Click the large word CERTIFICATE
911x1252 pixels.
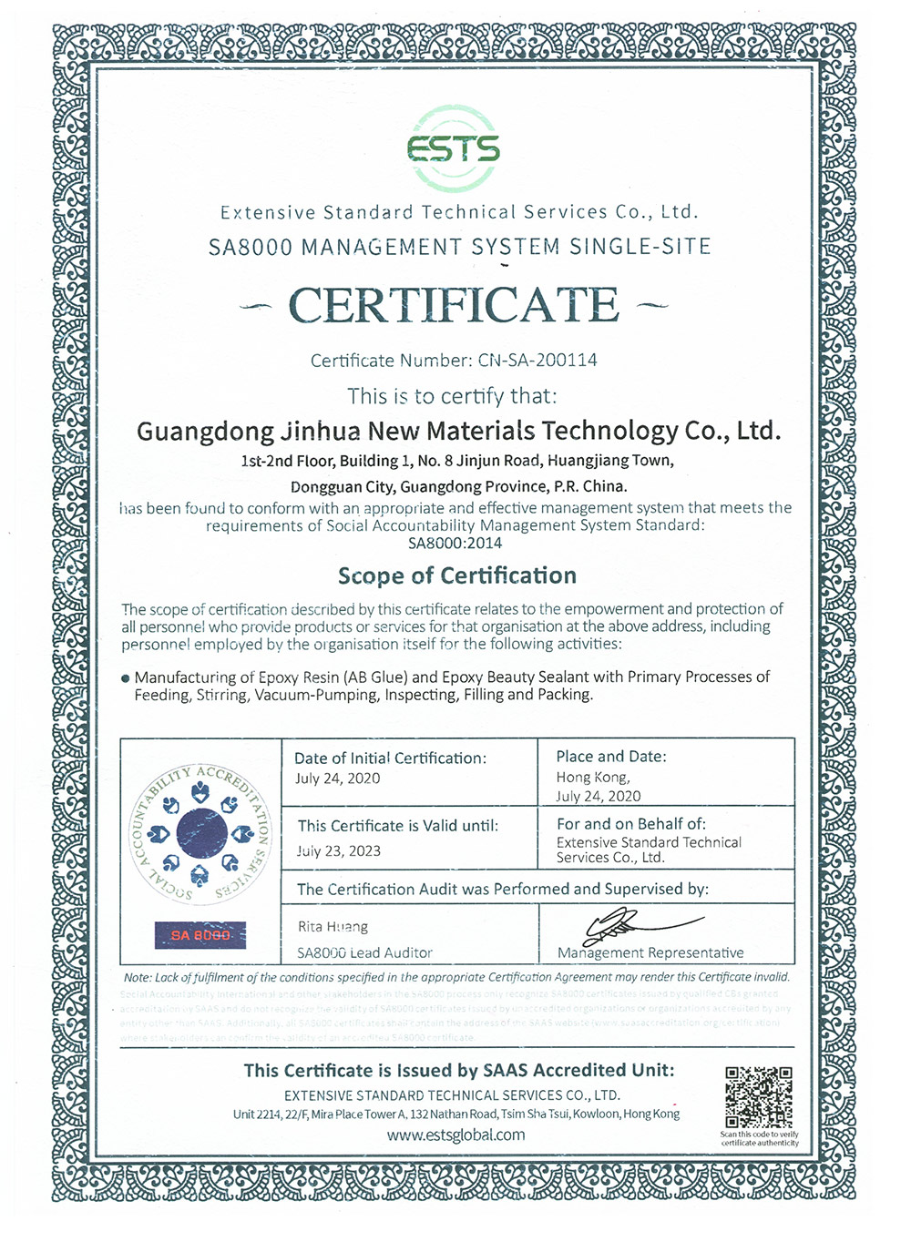pyautogui.click(x=454, y=305)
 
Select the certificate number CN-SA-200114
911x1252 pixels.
pyautogui.click(x=537, y=360)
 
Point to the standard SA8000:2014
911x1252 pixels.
pyautogui.click(x=455, y=544)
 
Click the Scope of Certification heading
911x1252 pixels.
pyautogui.click(x=456, y=575)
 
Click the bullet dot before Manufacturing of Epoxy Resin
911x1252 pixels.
pyautogui.click(x=126, y=678)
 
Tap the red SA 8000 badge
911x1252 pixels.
pyautogui.click(x=200, y=935)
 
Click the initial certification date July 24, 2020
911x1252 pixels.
pyautogui.click(x=337, y=779)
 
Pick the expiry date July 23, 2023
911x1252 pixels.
pyautogui.click(x=338, y=851)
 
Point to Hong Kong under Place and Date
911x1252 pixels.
pyautogui.click(x=592, y=778)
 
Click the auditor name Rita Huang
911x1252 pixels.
pyautogui.click(x=333, y=927)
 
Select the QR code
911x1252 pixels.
pyautogui.click(x=758, y=1097)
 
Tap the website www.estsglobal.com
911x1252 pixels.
pyautogui.click(x=455, y=1135)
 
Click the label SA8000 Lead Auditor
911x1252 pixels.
pyautogui.click(x=364, y=952)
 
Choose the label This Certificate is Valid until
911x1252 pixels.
pyautogui.click(x=398, y=826)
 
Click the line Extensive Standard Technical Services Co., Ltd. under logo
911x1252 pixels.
pyautogui.click(x=458, y=212)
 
